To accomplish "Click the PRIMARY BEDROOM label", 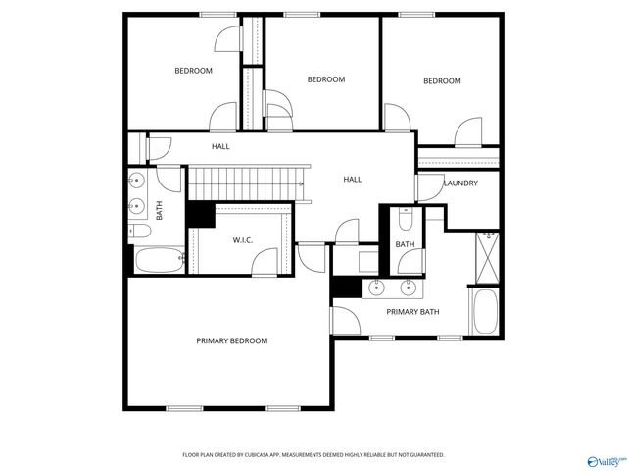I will coord(231,340).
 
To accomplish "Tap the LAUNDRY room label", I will coord(460,183).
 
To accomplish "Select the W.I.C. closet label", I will coord(243,240).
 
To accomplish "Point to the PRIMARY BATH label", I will coord(412,312).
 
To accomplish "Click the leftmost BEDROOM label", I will coord(193,71).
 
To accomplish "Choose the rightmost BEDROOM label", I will coord(441,81).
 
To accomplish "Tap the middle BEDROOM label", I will coord(325,79).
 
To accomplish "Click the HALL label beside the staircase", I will coord(352,180).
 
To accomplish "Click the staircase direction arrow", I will coord(301,183).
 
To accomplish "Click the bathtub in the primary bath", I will coord(486,312).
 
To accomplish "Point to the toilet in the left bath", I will coord(139,232).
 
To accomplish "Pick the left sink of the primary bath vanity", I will coord(375,288).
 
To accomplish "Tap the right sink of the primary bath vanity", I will coord(410,288).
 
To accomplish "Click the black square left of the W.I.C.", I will coord(201,214).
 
